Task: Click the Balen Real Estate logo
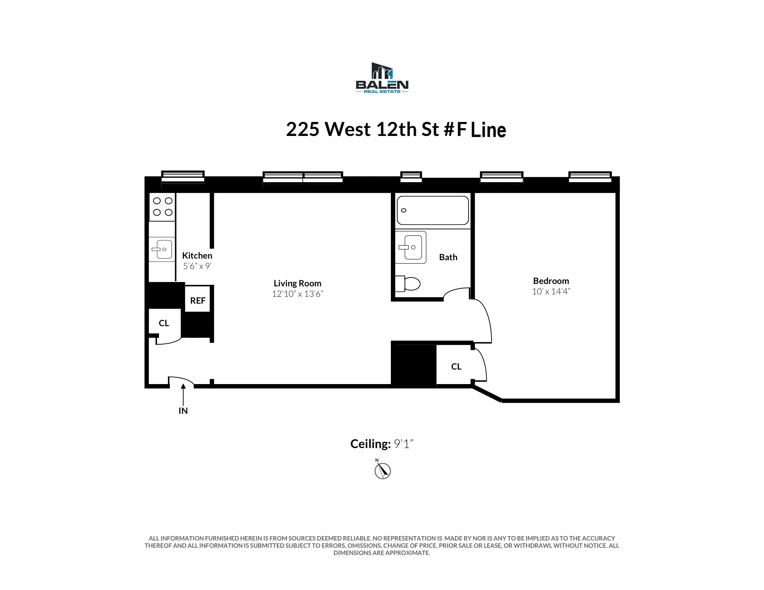point(382,78)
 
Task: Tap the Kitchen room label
point(197,256)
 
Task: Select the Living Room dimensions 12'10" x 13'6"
point(297,294)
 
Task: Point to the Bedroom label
point(551,281)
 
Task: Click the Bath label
point(448,257)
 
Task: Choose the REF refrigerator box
point(198,300)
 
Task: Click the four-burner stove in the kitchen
point(163,207)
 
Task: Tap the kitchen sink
point(162,249)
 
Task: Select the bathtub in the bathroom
point(433,210)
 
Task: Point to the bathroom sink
point(410,247)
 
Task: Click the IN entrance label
point(183,411)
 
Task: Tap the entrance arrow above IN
point(183,394)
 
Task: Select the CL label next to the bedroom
point(456,367)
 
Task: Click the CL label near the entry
point(164,323)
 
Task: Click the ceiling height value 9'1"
point(403,444)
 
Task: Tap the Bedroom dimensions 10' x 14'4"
point(551,292)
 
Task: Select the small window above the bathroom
point(411,177)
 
